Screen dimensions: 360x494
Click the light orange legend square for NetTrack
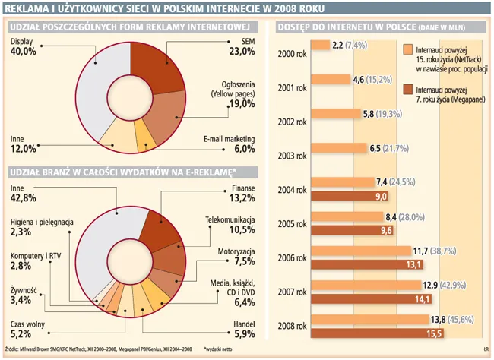[x=407, y=50]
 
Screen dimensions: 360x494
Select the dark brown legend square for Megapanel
[x=407, y=91]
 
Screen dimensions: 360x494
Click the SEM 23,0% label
[x=241, y=46]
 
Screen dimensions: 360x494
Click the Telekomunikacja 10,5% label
[x=229, y=225]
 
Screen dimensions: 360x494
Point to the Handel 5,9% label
[x=241, y=327]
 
